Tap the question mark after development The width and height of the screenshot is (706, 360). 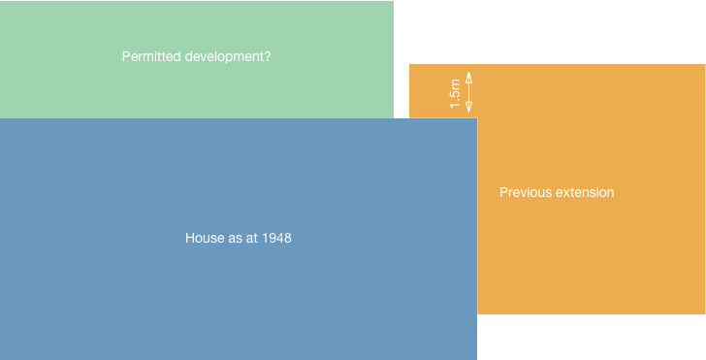pos(268,56)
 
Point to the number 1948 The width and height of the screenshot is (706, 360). pos(276,238)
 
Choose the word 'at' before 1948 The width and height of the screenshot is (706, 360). pos(252,239)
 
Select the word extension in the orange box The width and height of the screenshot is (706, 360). pos(585,192)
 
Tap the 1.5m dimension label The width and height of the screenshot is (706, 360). pos(455,93)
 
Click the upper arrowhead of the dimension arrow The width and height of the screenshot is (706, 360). pos(468,77)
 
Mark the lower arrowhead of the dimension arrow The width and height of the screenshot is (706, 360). pos(468,108)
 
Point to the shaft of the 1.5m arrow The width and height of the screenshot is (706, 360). pos(468,92)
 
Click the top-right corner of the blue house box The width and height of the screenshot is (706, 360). pos(477,118)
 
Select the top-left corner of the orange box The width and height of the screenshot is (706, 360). pos(409,64)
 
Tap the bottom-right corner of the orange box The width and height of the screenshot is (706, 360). pos(705,313)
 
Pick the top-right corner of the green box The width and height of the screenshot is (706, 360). pos(394,1)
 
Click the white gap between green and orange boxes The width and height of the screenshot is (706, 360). pos(401,91)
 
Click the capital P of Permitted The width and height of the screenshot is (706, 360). pos(126,56)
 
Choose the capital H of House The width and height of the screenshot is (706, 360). pos(189,238)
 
